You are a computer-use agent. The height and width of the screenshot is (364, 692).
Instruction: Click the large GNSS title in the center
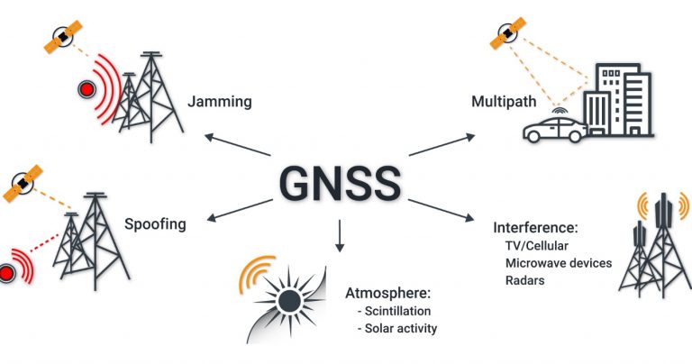tap(340, 184)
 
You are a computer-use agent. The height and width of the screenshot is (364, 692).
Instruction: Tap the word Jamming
tap(220, 102)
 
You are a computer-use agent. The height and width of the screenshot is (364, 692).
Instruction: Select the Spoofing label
tap(155, 224)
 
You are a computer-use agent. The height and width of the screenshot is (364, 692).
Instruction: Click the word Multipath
tap(504, 102)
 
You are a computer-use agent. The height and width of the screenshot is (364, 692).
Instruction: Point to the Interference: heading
tap(535, 228)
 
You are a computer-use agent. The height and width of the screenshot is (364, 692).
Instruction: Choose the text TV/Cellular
tap(537, 245)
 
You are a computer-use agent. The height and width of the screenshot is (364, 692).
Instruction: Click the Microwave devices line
tap(559, 263)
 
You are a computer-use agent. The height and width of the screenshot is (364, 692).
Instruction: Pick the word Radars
tap(524, 280)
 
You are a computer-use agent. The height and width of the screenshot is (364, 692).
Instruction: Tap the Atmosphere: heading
tap(387, 293)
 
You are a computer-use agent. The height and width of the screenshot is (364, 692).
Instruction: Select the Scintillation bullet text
tap(394, 311)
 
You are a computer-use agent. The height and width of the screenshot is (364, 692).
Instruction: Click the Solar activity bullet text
tap(397, 329)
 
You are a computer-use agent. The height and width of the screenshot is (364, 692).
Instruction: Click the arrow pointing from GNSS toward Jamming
tap(238, 145)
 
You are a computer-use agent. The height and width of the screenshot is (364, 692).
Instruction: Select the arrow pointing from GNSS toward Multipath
tap(442, 144)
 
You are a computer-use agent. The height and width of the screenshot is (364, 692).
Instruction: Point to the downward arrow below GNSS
tap(340, 235)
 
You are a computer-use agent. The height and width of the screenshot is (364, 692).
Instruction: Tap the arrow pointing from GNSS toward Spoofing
tap(240, 210)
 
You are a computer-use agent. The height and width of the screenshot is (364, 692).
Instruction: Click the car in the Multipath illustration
tap(555, 129)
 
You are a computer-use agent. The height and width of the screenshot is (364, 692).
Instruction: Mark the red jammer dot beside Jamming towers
tap(86, 90)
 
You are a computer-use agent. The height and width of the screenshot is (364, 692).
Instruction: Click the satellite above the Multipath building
tap(508, 32)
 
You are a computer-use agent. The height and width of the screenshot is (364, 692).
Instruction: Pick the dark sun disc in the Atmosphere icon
tap(289, 302)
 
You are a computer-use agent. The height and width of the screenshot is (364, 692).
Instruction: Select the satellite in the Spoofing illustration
tap(23, 183)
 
